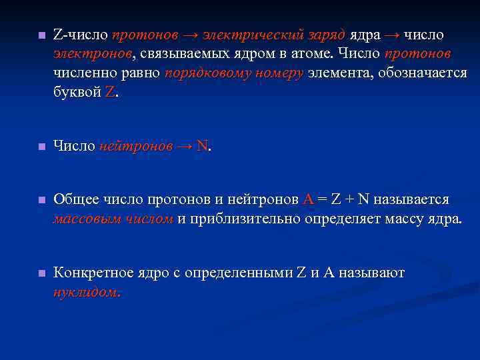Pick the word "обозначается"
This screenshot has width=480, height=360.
(x=422, y=73)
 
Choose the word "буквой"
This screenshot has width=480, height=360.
(x=77, y=92)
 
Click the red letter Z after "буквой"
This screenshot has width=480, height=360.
(x=110, y=92)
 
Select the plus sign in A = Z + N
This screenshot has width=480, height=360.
(x=348, y=199)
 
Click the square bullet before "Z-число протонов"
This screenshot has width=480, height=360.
(x=41, y=35)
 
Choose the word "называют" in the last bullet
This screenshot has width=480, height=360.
(x=371, y=273)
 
